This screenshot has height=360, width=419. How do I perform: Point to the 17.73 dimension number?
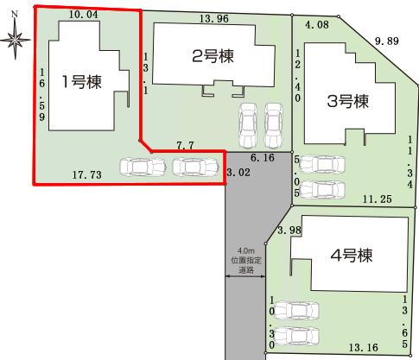coord(86,174)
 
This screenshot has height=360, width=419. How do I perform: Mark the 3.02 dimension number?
coord(237,173)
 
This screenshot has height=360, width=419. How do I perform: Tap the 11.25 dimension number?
coord(378,199)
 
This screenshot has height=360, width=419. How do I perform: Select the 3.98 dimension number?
coord(290,229)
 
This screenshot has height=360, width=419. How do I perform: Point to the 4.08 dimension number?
coord(317,25)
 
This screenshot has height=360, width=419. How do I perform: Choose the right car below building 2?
coord(274,126)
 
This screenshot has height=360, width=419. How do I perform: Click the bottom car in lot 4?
coord(296,334)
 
